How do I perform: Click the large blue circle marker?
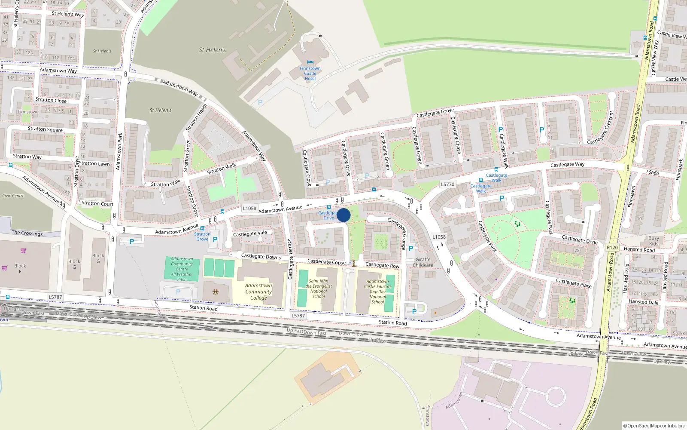pyautogui.click(x=343, y=215)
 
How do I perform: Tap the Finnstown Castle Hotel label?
pyautogui.click(x=310, y=74)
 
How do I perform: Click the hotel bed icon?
pyautogui.click(x=310, y=62)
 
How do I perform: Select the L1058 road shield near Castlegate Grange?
pyautogui.click(x=439, y=237)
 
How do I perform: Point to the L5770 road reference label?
pyautogui.click(x=447, y=184)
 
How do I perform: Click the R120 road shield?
pyautogui.click(x=612, y=248)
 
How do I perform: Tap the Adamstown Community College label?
pyautogui.click(x=258, y=292)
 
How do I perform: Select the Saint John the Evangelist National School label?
pyautogui.click(x=319, y=289)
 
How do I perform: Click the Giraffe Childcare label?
pyautogui.click(x=423, y=262)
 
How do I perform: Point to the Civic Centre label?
pyautogui.click(x=13, y=196)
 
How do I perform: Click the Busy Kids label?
pyautogui.click(x=654, y=241)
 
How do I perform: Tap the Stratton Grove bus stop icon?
pyautogui.click(x=202, y=228)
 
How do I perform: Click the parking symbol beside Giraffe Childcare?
pyautogui.click(x=411, y=249)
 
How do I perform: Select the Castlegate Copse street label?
pyautogui.click(x=326, y=261)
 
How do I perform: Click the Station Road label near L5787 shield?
pyautogui.click(x=204, y=308)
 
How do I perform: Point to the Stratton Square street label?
pyautogui.click(x=45, y=129)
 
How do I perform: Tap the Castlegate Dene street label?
pyautogui.click(x=580, y=240)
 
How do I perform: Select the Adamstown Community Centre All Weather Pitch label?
pyautogui.click(x=182, y=269)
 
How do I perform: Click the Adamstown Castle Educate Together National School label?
pyautogui.click(x=378, y=292)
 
